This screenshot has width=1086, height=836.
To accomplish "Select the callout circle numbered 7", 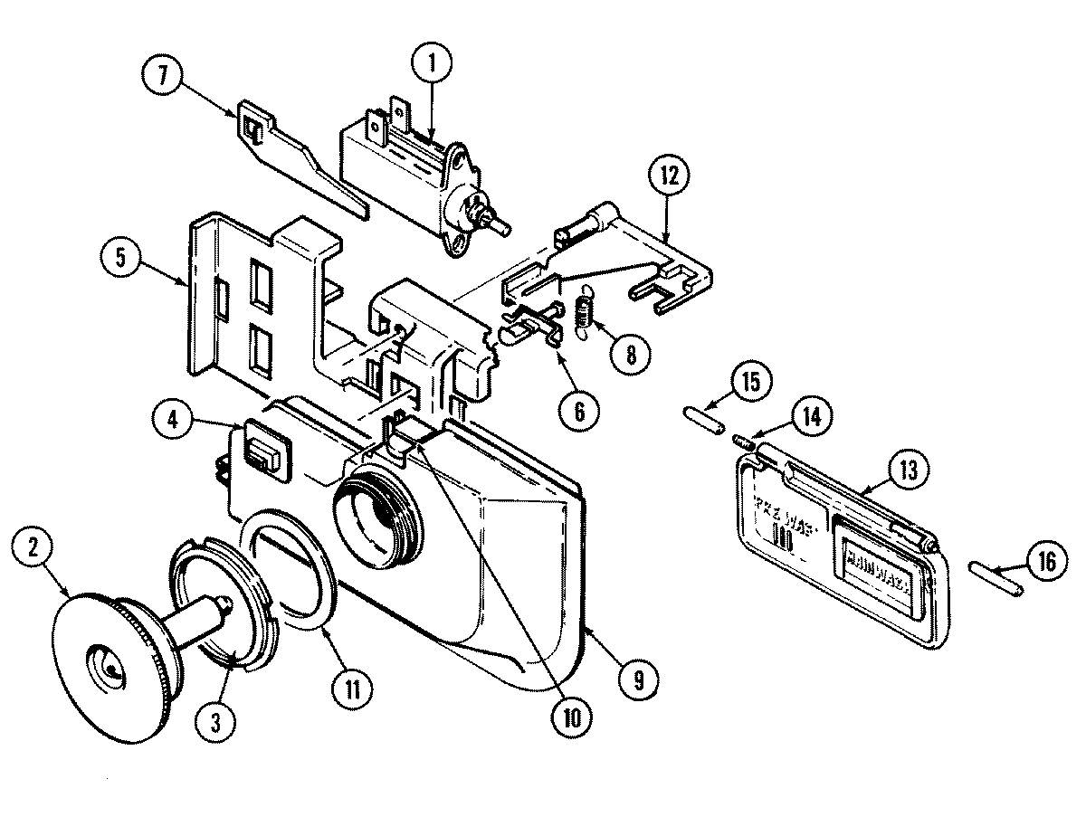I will pos(162,76).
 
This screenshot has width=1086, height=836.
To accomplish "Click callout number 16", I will pos(1045,563).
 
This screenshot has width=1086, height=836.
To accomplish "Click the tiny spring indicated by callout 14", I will pos(743,442).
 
